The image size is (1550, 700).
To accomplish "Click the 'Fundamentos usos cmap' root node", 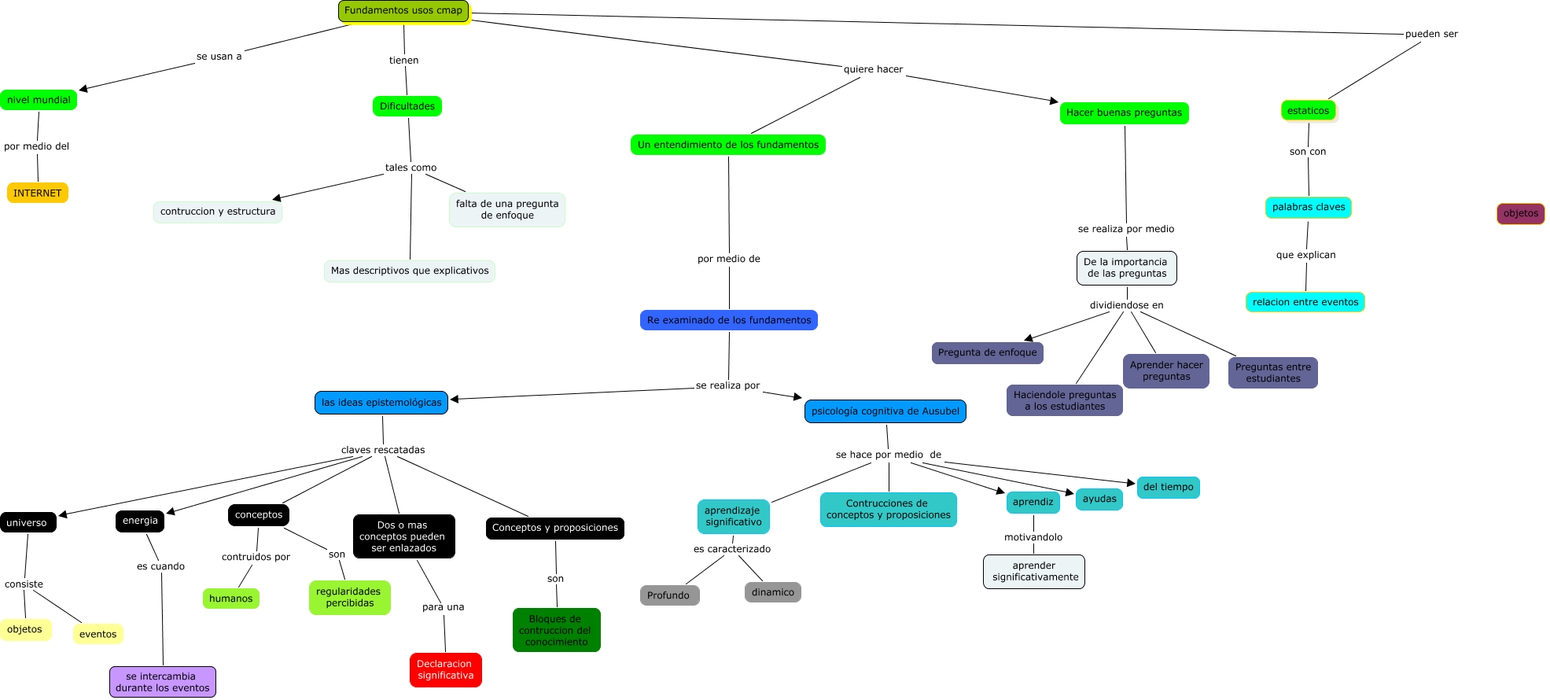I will coord(403,11).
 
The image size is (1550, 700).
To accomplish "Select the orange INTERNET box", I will coord(37,193).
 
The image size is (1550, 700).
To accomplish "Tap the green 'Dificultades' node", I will coord(407,106).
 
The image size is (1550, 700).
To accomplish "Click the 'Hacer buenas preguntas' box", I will coord(1124,112).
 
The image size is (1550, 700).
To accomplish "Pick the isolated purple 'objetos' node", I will coord(1520,213).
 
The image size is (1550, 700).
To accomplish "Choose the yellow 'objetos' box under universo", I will coord(24,629).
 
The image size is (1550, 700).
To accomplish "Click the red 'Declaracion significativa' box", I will coord(445,669).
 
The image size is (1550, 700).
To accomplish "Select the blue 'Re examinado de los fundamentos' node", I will coord(728,320).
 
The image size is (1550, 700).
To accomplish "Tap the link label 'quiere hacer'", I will coord(873,69).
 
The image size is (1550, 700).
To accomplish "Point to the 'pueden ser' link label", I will coord(1431,34).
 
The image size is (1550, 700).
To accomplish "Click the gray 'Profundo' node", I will coord(668,595).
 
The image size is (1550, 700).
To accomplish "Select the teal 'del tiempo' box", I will coord(1168,487).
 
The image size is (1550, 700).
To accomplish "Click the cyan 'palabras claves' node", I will coord(1308,207).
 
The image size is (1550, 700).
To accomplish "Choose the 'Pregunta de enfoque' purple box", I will coord(987,352).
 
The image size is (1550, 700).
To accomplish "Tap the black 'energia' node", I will coord(140,521).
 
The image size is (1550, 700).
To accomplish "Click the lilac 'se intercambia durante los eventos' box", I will coord(162,682).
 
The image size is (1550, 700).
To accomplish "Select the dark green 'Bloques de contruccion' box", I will coord(556,630).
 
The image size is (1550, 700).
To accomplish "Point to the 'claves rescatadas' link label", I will coord(383,450).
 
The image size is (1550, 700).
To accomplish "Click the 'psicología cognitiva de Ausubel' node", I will coord(885,411).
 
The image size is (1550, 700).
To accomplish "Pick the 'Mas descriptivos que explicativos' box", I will coord(409,271).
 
